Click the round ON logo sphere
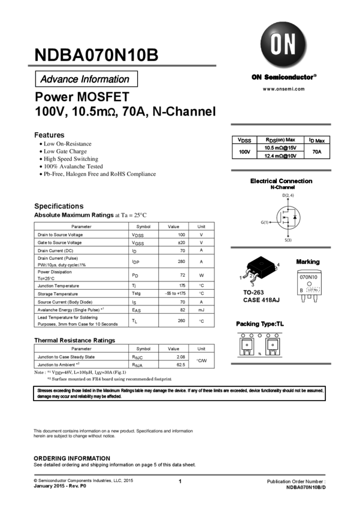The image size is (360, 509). click(284, 44)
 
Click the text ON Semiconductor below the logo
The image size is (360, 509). click(283, 77)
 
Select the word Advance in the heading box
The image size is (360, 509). click(59, 79)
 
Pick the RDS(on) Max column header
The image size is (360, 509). click(280, 140)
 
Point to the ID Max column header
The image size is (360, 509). click(316, 140)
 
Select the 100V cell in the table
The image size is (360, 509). click(244, 152)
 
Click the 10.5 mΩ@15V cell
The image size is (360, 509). click(280, 147)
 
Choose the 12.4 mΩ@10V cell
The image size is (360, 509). click(280, 156)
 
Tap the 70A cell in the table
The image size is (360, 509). click(316, 152)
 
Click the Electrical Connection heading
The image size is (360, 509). click(281, 181)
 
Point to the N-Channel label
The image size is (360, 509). click(283, 187)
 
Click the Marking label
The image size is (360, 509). click(307, 262)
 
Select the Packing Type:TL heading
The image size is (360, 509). click(260, 324)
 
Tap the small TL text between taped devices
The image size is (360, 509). click(259, 354)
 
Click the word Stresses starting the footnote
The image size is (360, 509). click(45, 390)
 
